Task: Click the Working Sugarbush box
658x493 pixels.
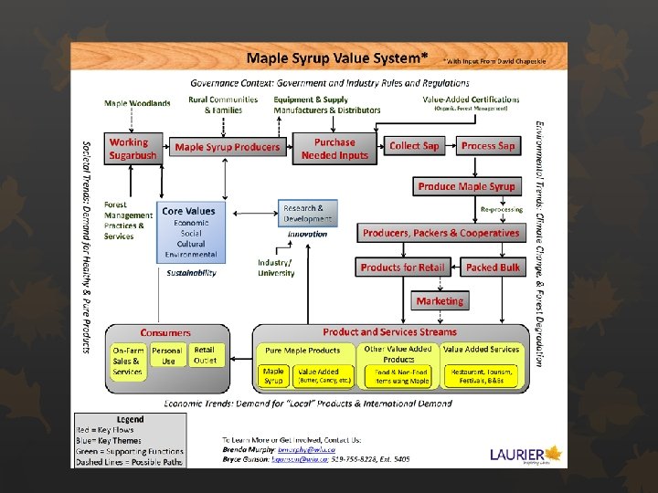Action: click(x=133, y=149)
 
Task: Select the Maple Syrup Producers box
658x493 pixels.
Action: click(x=228, y=147)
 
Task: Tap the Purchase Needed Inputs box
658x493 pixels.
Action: click(x=334, y=149)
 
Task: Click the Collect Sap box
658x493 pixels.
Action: click(x=414, y=146)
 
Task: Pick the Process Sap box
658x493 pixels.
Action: click(x=488, y=146)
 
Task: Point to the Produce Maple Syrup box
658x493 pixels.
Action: click(x=466, y=187)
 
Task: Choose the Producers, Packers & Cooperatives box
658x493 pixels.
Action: click(x=440, y=234)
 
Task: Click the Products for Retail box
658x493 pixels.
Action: click(x=403, y=267)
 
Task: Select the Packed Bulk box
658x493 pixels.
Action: click(x=493, y=267)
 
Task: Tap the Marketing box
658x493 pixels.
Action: click(x=440, y=301)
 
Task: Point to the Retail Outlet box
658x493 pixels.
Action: click(x=205, y=355)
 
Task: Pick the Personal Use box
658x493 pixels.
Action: click(x=167, y=356)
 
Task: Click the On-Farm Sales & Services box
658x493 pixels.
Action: click(x=128, y=361)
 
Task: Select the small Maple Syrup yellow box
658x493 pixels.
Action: click(x=273, y=375)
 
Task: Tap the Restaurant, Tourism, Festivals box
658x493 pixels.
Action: click(x=482, y=375)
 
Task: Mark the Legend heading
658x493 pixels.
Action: click(x=130, y=420)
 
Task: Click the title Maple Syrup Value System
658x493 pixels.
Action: click(x=337, y=58)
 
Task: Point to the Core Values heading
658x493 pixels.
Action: click(x=189, y=212)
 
